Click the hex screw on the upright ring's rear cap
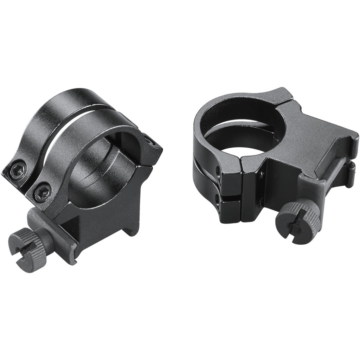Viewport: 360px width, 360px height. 17,171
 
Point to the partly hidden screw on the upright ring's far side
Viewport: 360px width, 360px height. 150,141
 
